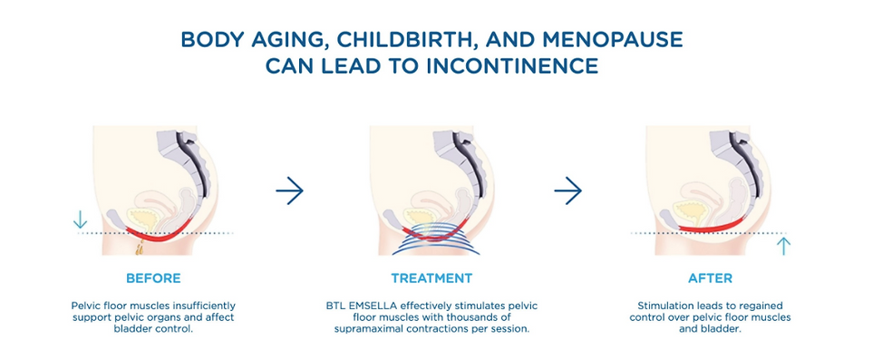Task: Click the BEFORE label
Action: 153,278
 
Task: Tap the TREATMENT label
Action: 432,278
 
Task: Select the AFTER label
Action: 711,278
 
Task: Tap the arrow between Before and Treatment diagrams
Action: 290,190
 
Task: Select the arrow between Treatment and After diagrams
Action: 568,190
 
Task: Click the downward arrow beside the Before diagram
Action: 81,219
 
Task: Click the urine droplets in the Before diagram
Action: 140,246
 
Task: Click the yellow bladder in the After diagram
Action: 691,212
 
